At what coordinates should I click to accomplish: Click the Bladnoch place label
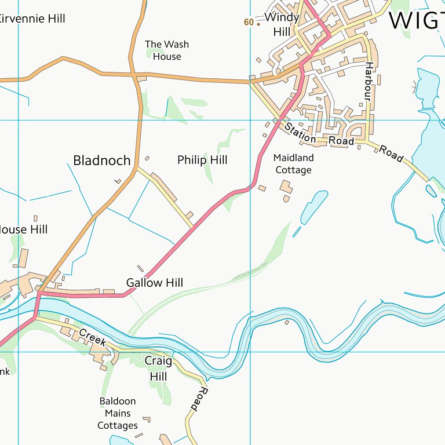(101, 161)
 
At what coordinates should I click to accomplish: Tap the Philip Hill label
(202, 160)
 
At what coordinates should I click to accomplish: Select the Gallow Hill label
(154, 283)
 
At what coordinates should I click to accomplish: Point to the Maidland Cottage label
(293, 164)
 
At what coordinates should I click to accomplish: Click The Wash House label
(167, 50)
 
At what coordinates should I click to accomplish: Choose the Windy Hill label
(282, 24)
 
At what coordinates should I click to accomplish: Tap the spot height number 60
(249, 22)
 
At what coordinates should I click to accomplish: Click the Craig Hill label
(158, 369)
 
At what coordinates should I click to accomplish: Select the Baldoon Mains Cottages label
(118, 413)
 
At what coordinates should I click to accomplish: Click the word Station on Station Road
(300, 132)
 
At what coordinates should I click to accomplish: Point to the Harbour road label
(368, 81)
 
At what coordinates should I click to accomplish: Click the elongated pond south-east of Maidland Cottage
(313, 207)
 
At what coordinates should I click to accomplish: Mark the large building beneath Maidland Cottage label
(286, 187)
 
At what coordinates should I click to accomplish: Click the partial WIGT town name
(416, 20)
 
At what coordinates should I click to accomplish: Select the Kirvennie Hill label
(32, 19)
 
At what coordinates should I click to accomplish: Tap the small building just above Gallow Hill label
(141, 268)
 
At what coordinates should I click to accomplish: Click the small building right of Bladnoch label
(147, 158)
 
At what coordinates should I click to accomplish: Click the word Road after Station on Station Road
(341, 141)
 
